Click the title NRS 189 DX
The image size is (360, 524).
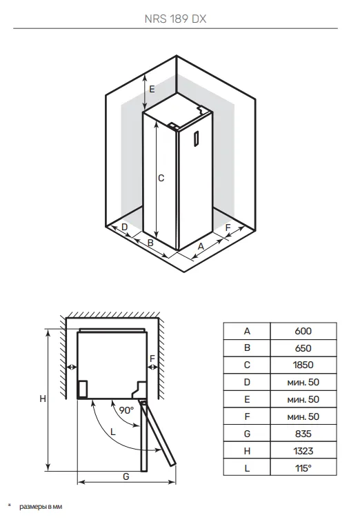tap(175, 19)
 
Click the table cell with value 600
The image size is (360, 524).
tap(303, 331)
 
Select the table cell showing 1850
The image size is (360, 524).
tap(303, 365)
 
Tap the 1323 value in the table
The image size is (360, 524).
tap(303, 451)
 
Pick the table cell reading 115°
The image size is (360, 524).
tap(303, 468)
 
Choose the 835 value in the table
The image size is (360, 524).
tap(303, 434)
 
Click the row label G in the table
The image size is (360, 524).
tap(247, 434)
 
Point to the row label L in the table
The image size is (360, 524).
tap(247, 468)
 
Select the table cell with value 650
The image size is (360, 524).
tap(303, 348)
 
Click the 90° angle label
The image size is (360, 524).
tap(126, 410)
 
